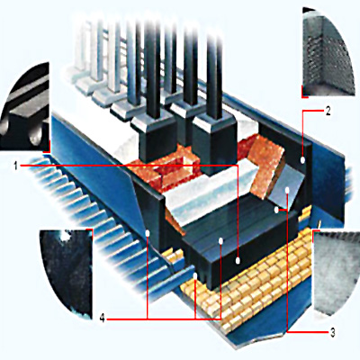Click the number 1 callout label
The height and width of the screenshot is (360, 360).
pyautogui.click(x=15, y=165)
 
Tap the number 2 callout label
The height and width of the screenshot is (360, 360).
pyautogui.click(x=328, y=112)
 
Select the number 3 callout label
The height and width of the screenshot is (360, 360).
pyautogui.click(x=332, y=332)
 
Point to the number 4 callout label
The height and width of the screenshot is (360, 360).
pyautogui.click(x=103, y=319)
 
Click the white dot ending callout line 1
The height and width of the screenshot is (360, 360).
pyautogui.click(x=238, y=261)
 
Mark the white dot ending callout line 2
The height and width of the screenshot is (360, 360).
pyautogui.click(x=302, y=160)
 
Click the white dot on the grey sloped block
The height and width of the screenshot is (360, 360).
pyautogui.click(x=287, y=190)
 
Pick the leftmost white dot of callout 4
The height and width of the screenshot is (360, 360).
pyautogui.click(x=148, y=233)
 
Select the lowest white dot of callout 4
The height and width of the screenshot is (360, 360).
pyautogui.click(x=195, y=275)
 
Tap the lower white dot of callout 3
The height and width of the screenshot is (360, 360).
pyautogui.click(x=276, y=210)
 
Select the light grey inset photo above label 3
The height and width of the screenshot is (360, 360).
pyautogui.click(x=336, y=273)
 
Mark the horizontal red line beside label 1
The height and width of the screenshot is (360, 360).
pyautogui.click(x=129, y=165)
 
